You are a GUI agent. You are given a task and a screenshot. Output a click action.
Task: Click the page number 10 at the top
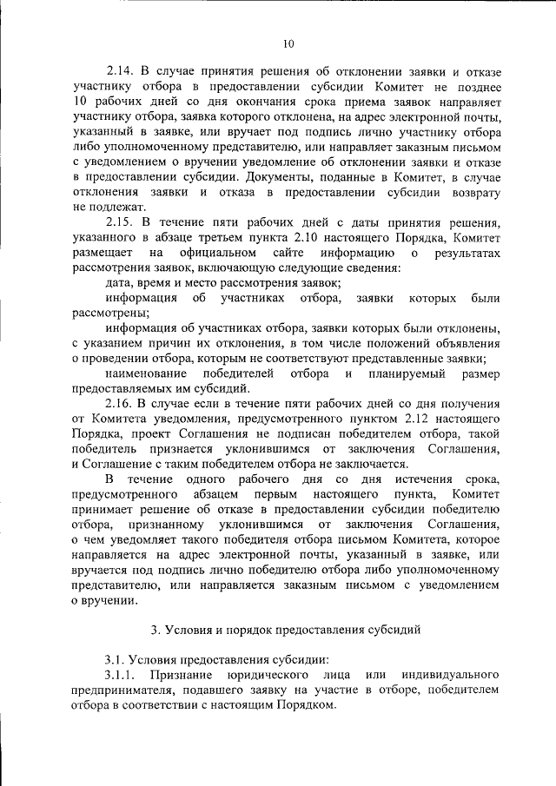click(288, 44)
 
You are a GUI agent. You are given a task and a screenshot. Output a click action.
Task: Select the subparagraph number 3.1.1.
click(122, 675)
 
